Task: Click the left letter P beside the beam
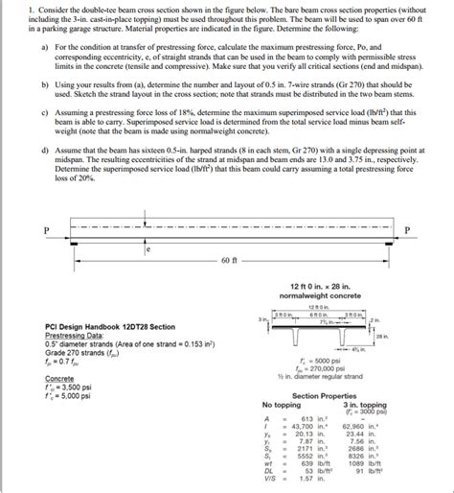click(x=44, y=229)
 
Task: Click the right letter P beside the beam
click(x=407, y=229)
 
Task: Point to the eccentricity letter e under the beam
click(x=148, y=248)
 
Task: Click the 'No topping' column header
click(x=281, y=404)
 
